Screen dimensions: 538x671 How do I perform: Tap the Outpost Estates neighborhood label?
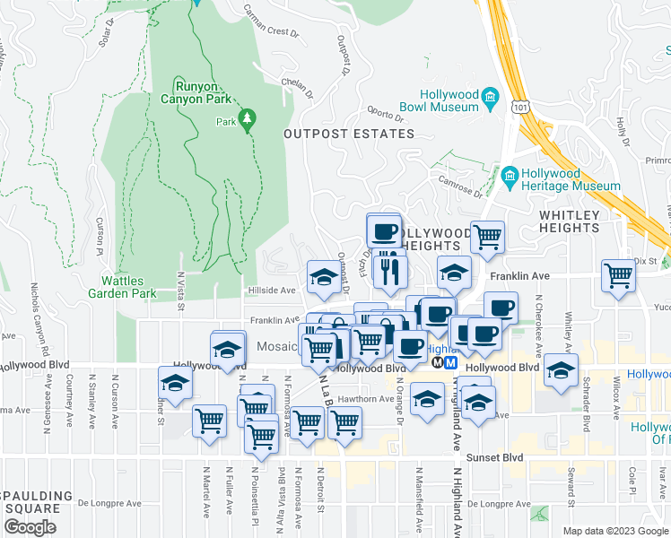(349, 134)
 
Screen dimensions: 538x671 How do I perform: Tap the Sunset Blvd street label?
(499, 456)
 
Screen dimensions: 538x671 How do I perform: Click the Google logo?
(30, 527)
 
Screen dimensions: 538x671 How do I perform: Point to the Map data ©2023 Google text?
(615, 531)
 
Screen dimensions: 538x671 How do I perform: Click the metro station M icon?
(450, 363)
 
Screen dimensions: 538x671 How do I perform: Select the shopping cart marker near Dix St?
(618, 275)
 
